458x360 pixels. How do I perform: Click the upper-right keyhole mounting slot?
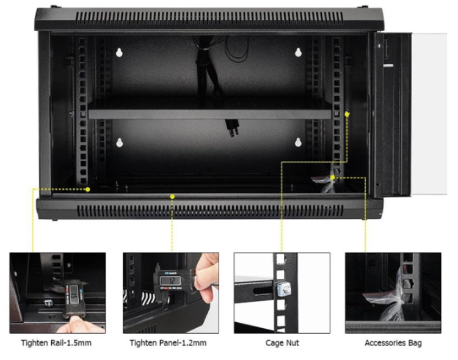pos(298,53)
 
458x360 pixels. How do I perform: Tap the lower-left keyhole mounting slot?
pos(119,144)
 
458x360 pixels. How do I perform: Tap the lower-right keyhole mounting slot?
pos(298,143)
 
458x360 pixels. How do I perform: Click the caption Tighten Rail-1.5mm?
pos(56,343)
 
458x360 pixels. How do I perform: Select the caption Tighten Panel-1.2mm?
pos(168,343)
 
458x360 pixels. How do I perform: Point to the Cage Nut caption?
pos(282,343)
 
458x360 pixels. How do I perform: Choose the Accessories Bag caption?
pos(393,343)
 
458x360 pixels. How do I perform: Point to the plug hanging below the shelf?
pos(233,128)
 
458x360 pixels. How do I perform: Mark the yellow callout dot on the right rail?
pos(347,114)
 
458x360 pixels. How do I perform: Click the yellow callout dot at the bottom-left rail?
pos(88,189)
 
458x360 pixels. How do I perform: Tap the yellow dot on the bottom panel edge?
pos(173,197)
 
